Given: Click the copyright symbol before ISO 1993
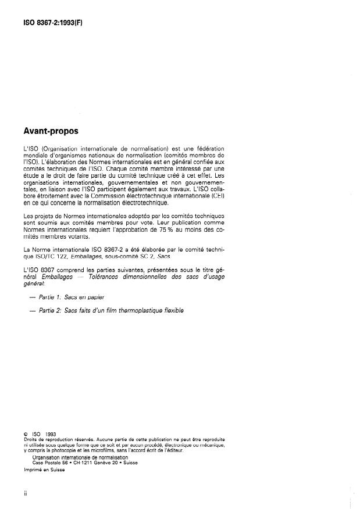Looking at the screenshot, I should [26, 434].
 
